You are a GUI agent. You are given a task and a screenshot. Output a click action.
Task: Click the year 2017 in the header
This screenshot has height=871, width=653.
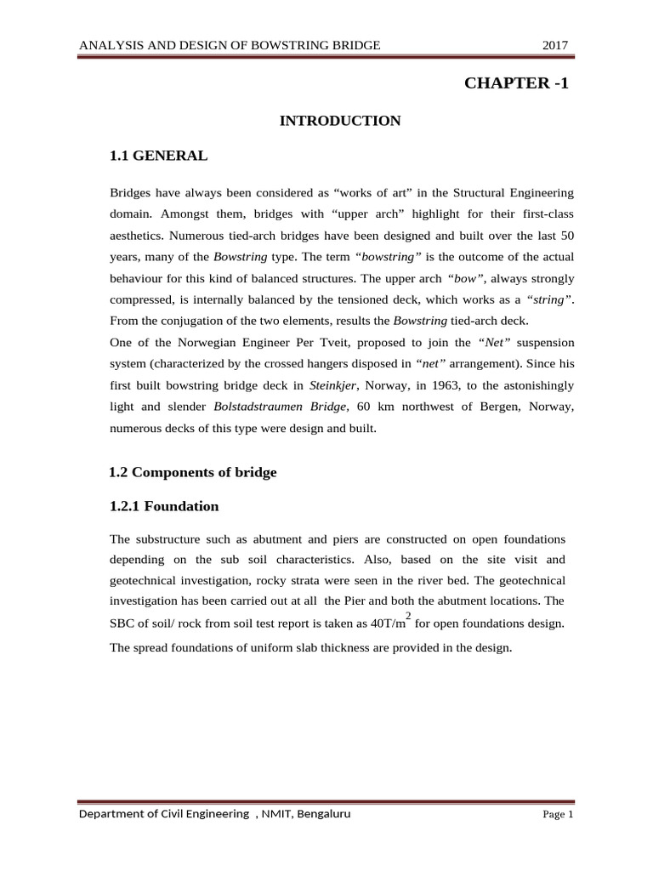tap(555, 45)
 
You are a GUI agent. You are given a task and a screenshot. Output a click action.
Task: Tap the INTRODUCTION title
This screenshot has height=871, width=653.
tap(340, 121)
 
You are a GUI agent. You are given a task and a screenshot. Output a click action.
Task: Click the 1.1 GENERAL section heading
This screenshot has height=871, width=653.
tap(158, 156)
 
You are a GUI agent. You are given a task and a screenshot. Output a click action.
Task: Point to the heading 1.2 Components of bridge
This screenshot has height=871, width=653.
tap(194, 472)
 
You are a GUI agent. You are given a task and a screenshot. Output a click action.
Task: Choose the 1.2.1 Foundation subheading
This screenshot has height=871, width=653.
tap(164, 506)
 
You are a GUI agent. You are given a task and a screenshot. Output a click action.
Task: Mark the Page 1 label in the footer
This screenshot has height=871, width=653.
tap(559, 815)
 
